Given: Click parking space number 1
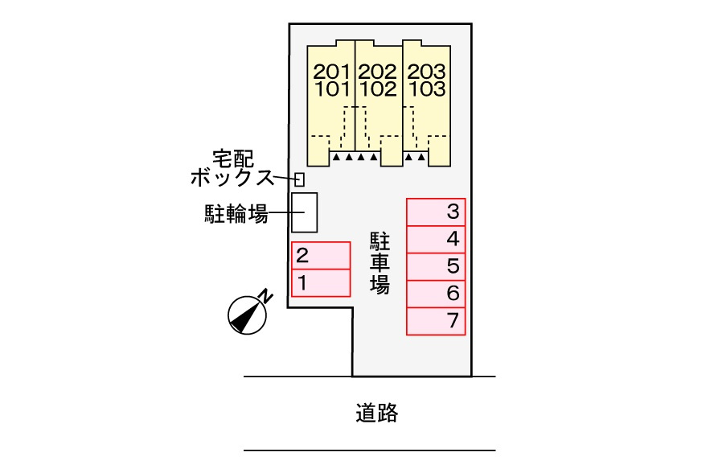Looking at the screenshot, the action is click(x=321, y=283).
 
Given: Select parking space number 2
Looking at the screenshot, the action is click(x=321, y=256).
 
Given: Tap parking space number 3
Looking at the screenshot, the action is click(x=436, y=212).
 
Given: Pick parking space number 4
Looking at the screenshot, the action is click(x=436, y=239).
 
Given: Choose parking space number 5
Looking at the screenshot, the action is click(x=436, y=266).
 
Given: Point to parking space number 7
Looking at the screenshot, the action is click(x=436, y=322).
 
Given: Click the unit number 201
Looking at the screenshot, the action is click(x=332, y=72).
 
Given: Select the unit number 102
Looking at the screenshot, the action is click(x=377, y=88).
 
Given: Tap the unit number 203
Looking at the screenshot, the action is click(x=426, y=72).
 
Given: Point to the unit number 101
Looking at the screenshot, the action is click(x=332, y=88).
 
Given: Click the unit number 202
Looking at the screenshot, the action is click(x=377, y=72).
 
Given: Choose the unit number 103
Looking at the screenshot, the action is click(x=426, y=88).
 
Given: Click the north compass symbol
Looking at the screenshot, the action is click(x=248, y=315).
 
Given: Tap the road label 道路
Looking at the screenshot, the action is click(x=377, y=413).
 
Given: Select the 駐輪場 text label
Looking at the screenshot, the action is click(x=236, y=213).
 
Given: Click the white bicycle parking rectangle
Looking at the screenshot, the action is click(x=305, y=212).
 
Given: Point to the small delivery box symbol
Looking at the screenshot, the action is click(x=299, y=179).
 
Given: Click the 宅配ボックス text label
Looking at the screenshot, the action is click(x=232, y=168).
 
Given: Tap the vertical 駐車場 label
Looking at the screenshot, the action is click(x=380, y=262).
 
